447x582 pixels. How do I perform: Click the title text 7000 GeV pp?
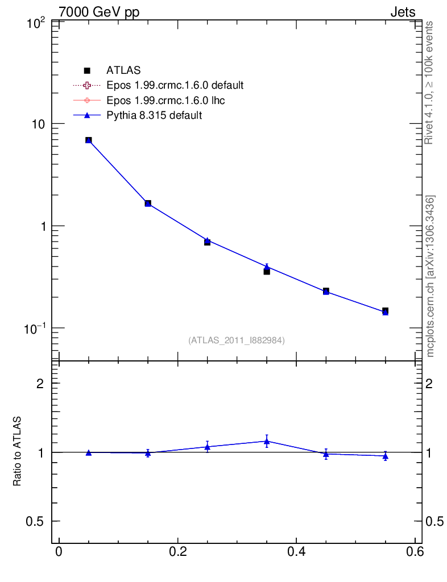click(x=99, y=12)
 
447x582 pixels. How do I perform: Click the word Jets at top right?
click(x=402, y=12)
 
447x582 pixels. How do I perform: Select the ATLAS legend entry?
click(x=123, y=70)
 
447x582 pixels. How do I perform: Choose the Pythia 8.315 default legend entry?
click(x=154, y=115)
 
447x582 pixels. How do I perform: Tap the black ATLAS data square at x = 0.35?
click(x=267, y=271)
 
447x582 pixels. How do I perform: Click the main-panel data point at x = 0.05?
click(x=89, y=140)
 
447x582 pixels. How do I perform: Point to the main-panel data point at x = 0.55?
click(x=385, y=311)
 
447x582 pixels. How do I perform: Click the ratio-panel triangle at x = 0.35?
click(x=267, y=441)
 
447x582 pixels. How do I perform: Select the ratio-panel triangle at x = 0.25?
click(x=207, y=447)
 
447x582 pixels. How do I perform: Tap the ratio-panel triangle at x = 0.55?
click(x=385, y=456)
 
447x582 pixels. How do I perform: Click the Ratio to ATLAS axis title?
click(x=18, y=451)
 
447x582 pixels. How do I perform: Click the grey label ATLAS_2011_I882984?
click(x=237, y=340)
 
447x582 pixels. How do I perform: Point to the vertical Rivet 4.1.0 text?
click(x=430, y=82)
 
